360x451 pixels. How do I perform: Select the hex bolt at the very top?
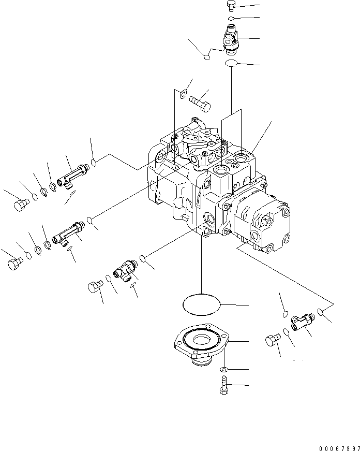click(x=231, y=6)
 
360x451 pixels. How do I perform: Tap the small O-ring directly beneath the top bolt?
click(x=232, y=18)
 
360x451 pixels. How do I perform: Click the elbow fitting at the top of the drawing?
click(x=230, y=39)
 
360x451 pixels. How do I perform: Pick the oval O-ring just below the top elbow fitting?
click(x=231, y=63)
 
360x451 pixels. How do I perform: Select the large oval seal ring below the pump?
click(x=202, y=304)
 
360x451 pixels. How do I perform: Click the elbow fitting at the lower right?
click(x=301, y=321)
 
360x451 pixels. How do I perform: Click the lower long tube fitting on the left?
click(x=67, y=234)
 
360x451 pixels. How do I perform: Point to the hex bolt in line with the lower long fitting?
click(x=16, y=264)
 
